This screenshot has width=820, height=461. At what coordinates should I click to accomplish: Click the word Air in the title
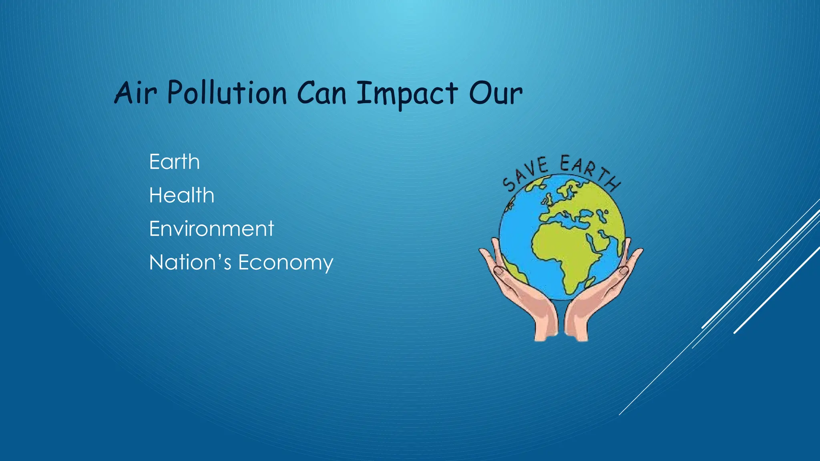(x=135, y=93)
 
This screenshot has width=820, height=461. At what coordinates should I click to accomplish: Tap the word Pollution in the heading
(x=227, y=93)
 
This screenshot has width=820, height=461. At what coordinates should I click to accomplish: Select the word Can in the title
(x=322, y=93)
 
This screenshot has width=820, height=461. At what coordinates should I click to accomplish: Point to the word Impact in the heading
(x=407, y=94)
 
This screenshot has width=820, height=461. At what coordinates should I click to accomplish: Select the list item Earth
(x=174, y=162)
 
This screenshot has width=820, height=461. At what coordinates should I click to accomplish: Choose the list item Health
(x=181, y=195)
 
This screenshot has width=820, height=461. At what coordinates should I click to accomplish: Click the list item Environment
(x=211, y=229)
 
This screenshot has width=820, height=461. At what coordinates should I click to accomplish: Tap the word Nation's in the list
(x=190, y=263)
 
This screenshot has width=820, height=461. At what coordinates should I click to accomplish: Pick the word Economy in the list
(x=285, y=263)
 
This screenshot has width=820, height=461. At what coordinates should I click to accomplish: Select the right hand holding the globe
(x=601, y=296)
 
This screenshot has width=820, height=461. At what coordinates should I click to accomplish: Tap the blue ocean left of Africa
(x=517, y=236)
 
